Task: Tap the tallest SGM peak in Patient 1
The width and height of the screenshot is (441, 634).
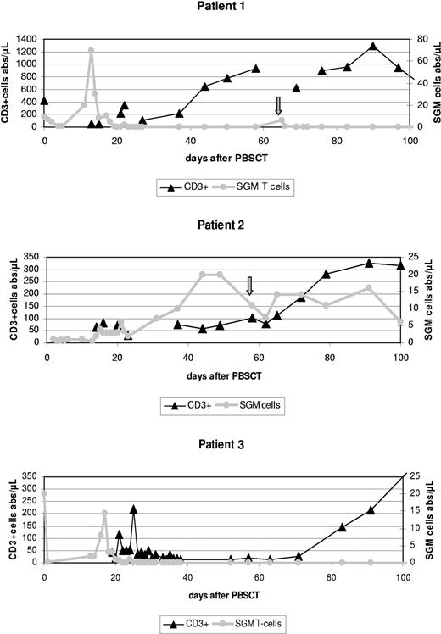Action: coord(91,50)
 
